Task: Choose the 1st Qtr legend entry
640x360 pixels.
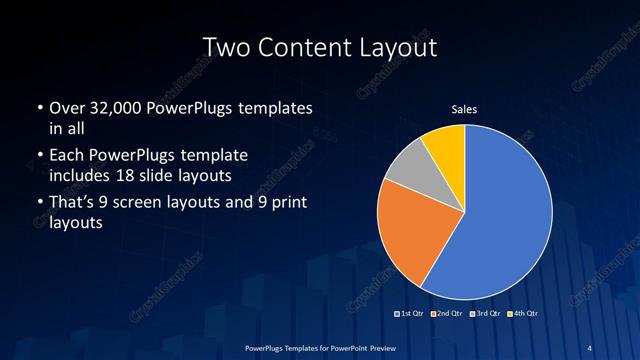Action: coord(411,314)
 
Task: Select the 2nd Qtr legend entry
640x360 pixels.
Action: coord(447,314)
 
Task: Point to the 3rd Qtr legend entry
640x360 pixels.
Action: coord(484,314)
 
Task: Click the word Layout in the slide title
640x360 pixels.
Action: coord(393,47)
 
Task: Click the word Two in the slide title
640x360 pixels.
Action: coord(224,47)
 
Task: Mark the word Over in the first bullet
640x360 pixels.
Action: coord(66,107)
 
